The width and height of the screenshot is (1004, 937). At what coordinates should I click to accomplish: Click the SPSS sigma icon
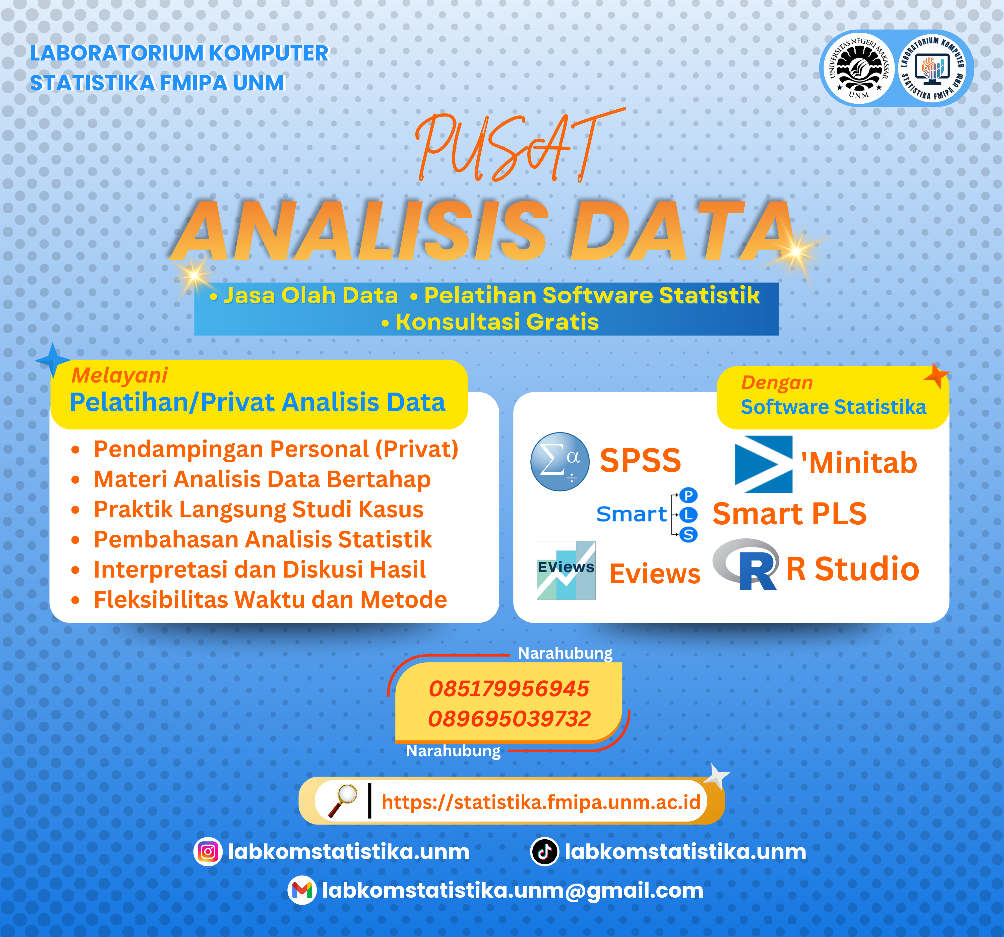click(559, 462)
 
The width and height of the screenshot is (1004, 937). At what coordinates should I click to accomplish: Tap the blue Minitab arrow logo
click(763, 464)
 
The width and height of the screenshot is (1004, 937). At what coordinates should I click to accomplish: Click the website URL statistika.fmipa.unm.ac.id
click(540, 802)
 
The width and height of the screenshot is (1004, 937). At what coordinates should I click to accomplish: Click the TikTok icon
click(544, 852)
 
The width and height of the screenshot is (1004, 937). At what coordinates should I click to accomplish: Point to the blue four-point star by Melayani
click(52, 360)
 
